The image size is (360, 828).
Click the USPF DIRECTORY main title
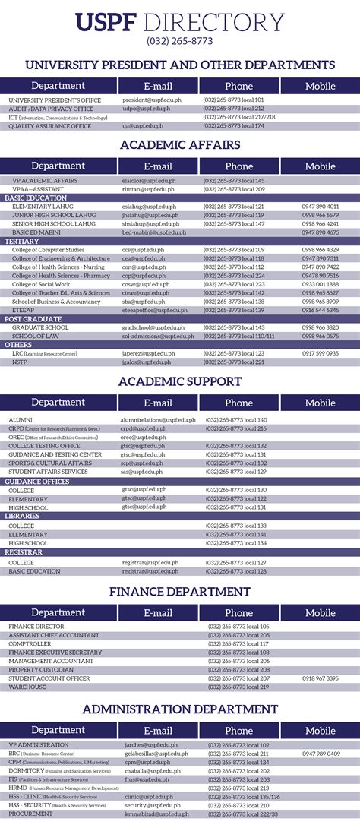point(180,22)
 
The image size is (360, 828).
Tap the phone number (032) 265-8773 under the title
point(180,41)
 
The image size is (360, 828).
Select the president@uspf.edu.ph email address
point(146,100)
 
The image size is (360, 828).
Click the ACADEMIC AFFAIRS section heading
point(180,144)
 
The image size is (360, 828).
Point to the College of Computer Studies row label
point(48,249)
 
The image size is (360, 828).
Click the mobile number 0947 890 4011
point(320,206)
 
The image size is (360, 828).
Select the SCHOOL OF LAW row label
point(35,336)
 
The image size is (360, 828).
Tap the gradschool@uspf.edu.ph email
point(148,327)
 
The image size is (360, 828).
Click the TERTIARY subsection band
point(22,241)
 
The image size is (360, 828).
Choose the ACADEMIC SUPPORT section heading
point(180,381)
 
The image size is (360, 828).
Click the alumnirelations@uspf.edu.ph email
point(157,419)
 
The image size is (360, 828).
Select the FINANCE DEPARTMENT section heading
point(180,591)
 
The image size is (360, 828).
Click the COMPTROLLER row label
point(30,643)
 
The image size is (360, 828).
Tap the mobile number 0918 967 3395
point(320,678)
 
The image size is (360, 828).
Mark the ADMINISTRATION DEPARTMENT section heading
point(180,709)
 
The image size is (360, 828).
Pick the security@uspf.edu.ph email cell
point(146,804)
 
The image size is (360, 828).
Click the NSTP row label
point(19,362)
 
